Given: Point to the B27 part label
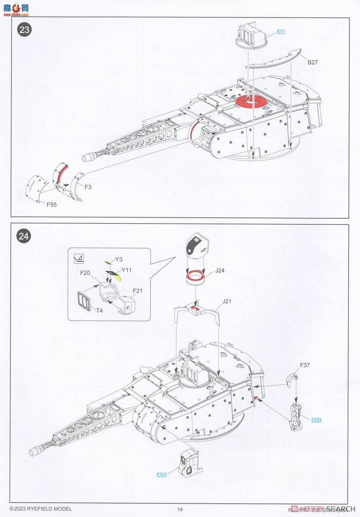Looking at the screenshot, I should pos(313,62).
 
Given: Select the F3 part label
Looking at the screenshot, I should pos(88,187).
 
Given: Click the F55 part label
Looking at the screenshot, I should pos(51,205).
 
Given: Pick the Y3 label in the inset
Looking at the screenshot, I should pos(119,259).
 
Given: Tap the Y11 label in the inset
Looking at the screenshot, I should pos(126,270).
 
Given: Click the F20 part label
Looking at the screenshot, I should pos(85,273).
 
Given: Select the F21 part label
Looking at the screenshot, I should pos(137,291).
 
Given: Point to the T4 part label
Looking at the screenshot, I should pos(99,310).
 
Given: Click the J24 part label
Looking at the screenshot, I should pos(220,271).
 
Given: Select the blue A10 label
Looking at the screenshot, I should pos(161,475).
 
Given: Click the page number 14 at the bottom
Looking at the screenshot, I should pos(180,510).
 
